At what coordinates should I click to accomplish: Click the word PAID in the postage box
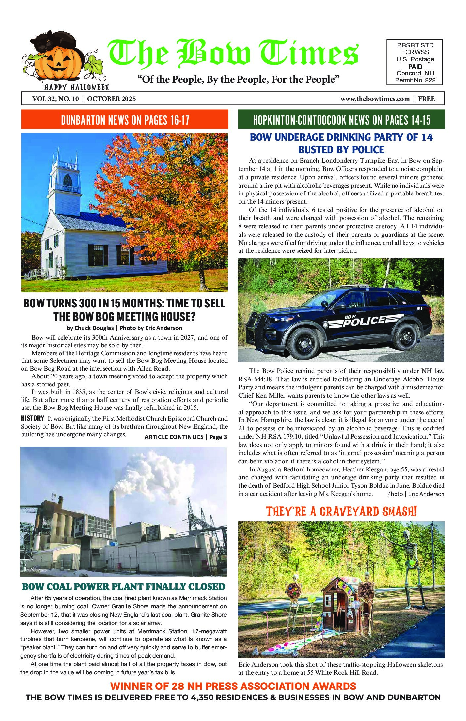(415, 67)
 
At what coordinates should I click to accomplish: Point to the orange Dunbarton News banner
(125, 120)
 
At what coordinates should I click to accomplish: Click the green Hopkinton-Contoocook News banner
(341, 120)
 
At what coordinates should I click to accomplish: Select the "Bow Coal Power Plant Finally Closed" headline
(123, 587)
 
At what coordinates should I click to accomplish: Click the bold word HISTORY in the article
(32, 418)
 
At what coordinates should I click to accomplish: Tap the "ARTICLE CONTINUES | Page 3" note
(186, 437)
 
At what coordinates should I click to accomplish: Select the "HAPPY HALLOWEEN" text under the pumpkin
(76, 87)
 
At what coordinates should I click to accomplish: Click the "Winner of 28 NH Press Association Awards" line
(233, 686)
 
